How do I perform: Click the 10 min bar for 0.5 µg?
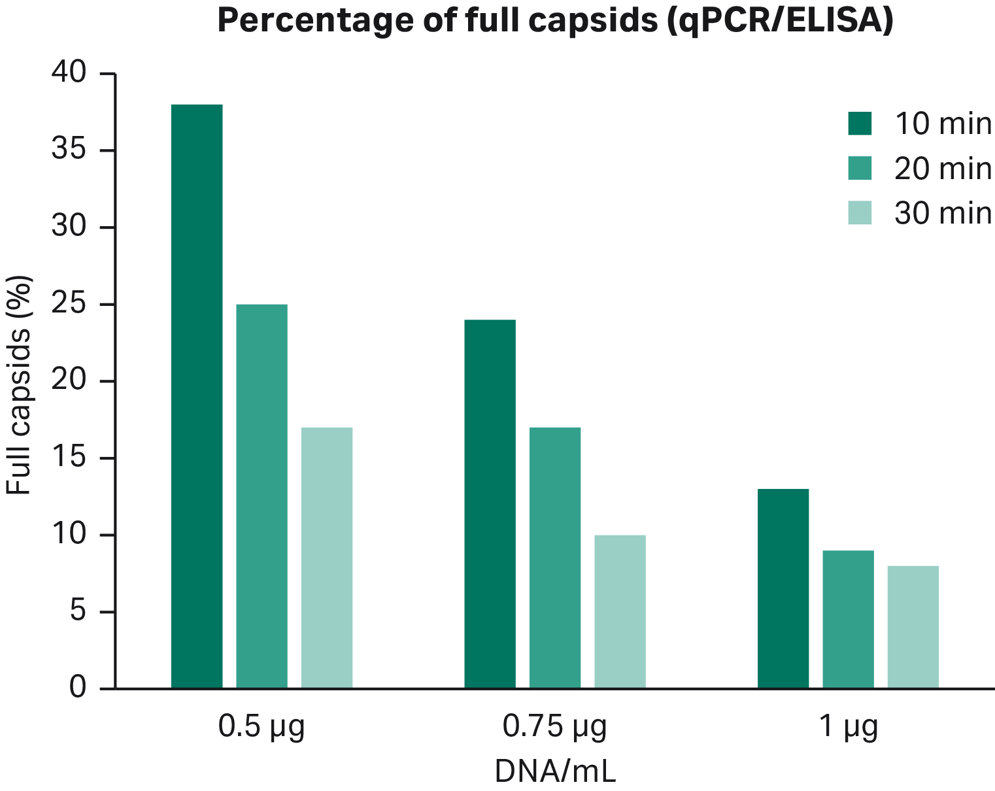coord(196,396)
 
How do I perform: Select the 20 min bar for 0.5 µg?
coord(261,496)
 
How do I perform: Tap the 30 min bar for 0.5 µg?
coord(326,558)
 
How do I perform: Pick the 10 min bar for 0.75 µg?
coord(490,504)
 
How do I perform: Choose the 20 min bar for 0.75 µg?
coord(555,558)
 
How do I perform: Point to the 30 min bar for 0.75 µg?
coord(620,611)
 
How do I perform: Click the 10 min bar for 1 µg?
coord(783,588)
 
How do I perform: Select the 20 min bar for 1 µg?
coord(848,619)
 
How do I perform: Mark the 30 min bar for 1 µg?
coord(913,627)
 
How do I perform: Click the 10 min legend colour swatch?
coord(860,124)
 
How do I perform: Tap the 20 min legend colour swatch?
coord(860,168)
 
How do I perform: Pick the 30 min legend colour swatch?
coord(860,213)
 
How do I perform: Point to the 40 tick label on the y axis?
coord(69,73)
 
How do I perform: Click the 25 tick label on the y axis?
coord(69,305)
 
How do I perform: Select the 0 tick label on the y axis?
coord(78,688)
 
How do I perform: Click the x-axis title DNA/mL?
coord(554,772)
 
